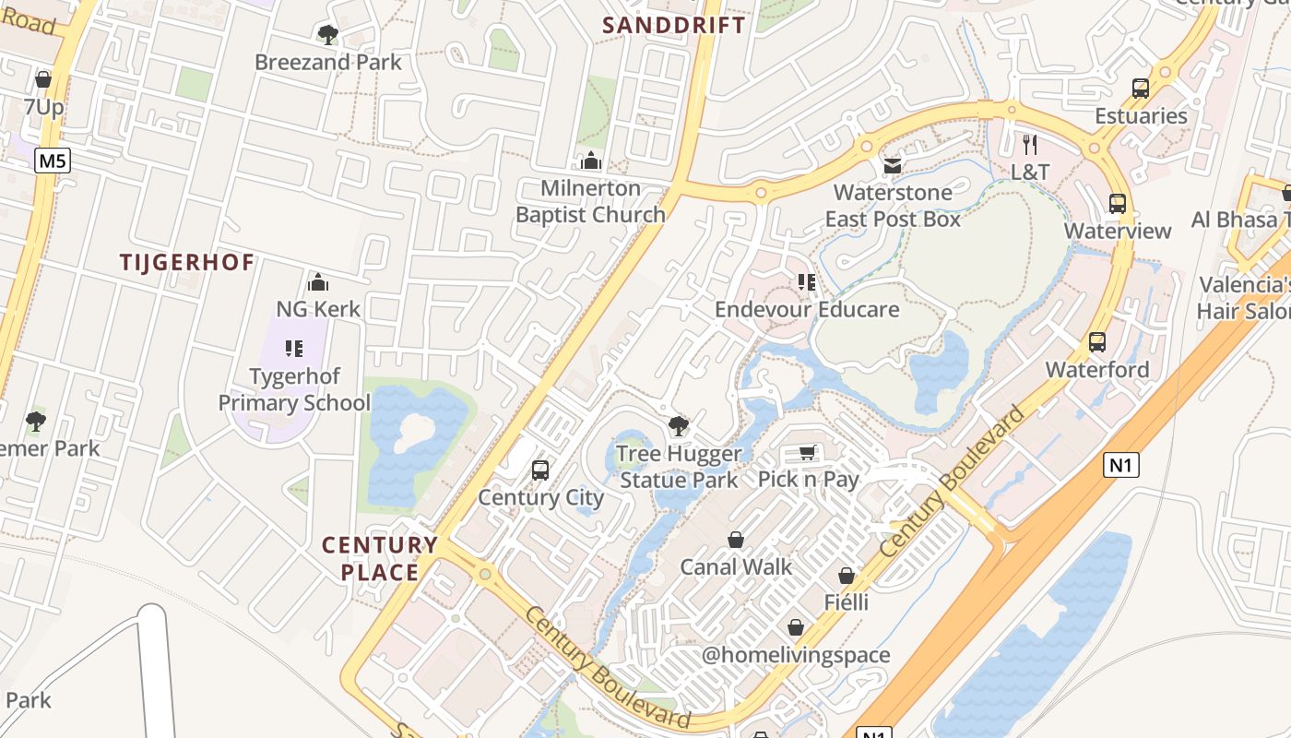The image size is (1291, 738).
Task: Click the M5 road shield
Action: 53,161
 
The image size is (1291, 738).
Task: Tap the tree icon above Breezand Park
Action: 327,35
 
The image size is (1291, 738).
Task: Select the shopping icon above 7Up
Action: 43,79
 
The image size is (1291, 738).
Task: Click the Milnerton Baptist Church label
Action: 590,201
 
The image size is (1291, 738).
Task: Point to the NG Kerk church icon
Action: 318,281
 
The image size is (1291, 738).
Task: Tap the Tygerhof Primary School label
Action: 294,389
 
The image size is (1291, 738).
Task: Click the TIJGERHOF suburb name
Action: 186,262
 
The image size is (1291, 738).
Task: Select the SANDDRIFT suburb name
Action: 674,25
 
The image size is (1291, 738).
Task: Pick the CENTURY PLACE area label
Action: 380,558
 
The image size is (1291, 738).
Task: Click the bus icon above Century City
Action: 540,470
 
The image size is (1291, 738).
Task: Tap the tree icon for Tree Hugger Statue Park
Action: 679,425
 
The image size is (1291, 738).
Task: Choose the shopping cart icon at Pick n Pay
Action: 808,452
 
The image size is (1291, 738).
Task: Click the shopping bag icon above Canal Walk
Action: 736,539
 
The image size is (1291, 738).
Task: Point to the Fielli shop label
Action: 846,602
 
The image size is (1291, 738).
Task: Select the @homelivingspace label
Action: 796,655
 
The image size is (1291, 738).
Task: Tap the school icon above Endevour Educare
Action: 807,281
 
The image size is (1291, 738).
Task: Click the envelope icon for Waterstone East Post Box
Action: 893,166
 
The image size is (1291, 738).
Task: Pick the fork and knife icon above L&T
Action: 1030,144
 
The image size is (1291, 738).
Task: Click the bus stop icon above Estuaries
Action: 1141,89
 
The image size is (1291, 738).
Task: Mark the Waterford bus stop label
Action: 1096,370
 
